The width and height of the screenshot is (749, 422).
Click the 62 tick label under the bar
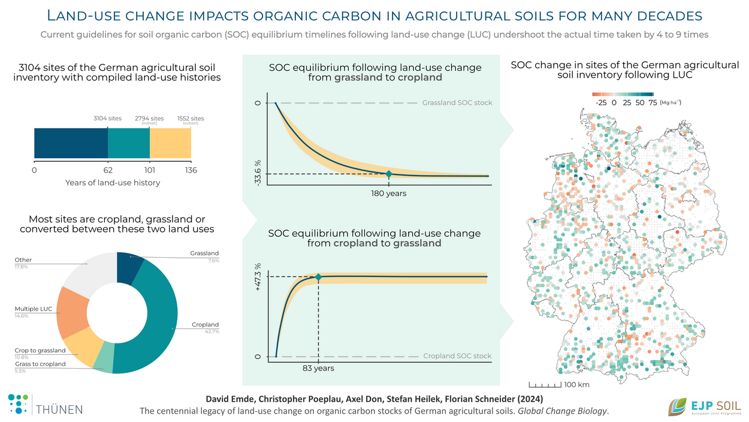click(x=108, y=170)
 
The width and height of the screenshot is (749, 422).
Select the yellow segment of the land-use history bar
click(x=170, y=144)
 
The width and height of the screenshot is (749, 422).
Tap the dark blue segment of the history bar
click(x=71, y=144)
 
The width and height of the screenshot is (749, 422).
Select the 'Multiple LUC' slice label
click(x=34, y=309)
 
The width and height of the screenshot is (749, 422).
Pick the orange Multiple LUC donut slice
click(x=73, y=311)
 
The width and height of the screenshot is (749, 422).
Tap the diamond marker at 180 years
click(x=388, y=174)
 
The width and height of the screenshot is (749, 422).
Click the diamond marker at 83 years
click(x=318, y=277)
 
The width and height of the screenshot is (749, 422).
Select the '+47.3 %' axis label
click(x=258, y=276)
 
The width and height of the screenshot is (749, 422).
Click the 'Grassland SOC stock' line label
click(x=457, y=103)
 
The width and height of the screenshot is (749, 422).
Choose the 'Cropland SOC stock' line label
click(x=457, y=356)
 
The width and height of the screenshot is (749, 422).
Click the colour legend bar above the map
click(x=623, y=94)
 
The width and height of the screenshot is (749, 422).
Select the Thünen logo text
click(x=60, y=409)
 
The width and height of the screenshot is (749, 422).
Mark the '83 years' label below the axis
click(x=318, y=368)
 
